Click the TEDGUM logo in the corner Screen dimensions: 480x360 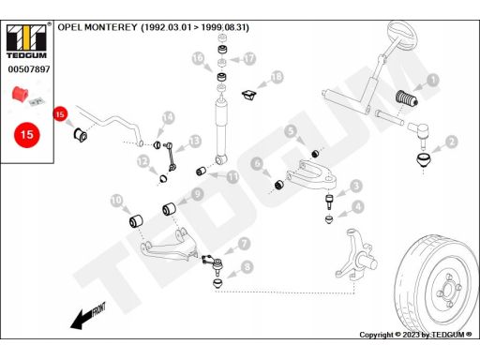pos(27,40)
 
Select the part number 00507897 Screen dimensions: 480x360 pos(29,69)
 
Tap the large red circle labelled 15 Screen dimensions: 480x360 pos(27,135)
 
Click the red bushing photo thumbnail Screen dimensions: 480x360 pos(21,94)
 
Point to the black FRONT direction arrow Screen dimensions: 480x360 pos(88,316)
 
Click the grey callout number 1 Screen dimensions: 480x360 pos(433,80)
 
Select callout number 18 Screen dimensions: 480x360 pos(277,77)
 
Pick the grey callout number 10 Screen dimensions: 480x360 pos(116,201)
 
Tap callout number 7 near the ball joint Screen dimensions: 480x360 pos(244,244)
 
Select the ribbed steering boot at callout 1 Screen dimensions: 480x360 pos(407,98)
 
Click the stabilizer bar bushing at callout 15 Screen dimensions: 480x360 pos(81,135)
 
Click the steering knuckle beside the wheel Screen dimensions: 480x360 pos(356,254)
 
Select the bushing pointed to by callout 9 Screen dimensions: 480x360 pos(169,209)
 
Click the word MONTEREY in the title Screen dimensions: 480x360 pos(111,27)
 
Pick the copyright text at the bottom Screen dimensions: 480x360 pos(415,335)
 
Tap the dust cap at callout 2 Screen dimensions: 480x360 pos(423,159)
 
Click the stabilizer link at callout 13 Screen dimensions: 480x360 pos(171,157)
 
